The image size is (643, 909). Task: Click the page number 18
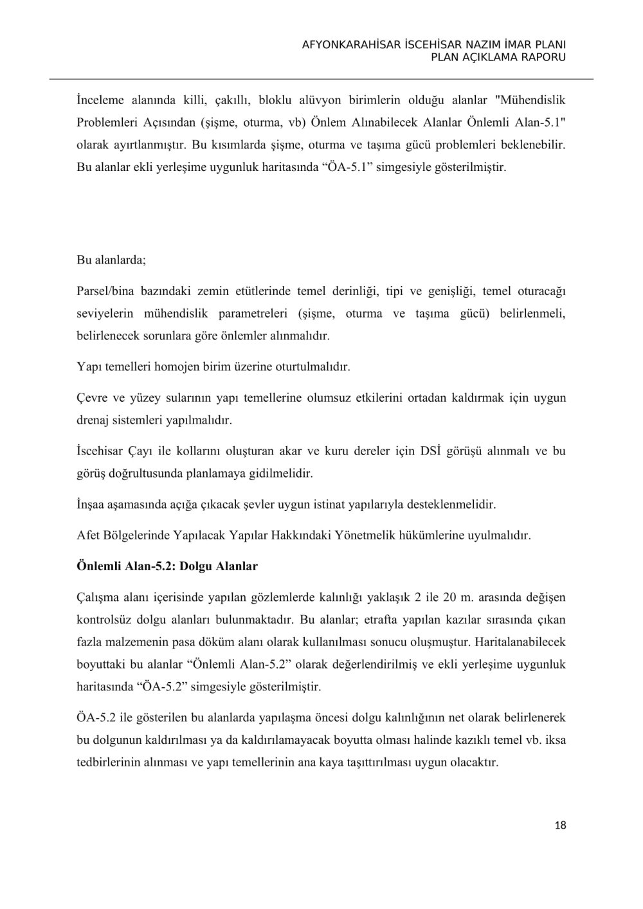coord(560,825)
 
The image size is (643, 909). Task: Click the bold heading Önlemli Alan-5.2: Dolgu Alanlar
coord(167,566)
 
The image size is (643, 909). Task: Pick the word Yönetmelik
coord(363,535)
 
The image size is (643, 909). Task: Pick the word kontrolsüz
coord(105,620)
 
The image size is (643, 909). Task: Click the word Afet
coord(87,535)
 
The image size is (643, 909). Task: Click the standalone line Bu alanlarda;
coord(112,261)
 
